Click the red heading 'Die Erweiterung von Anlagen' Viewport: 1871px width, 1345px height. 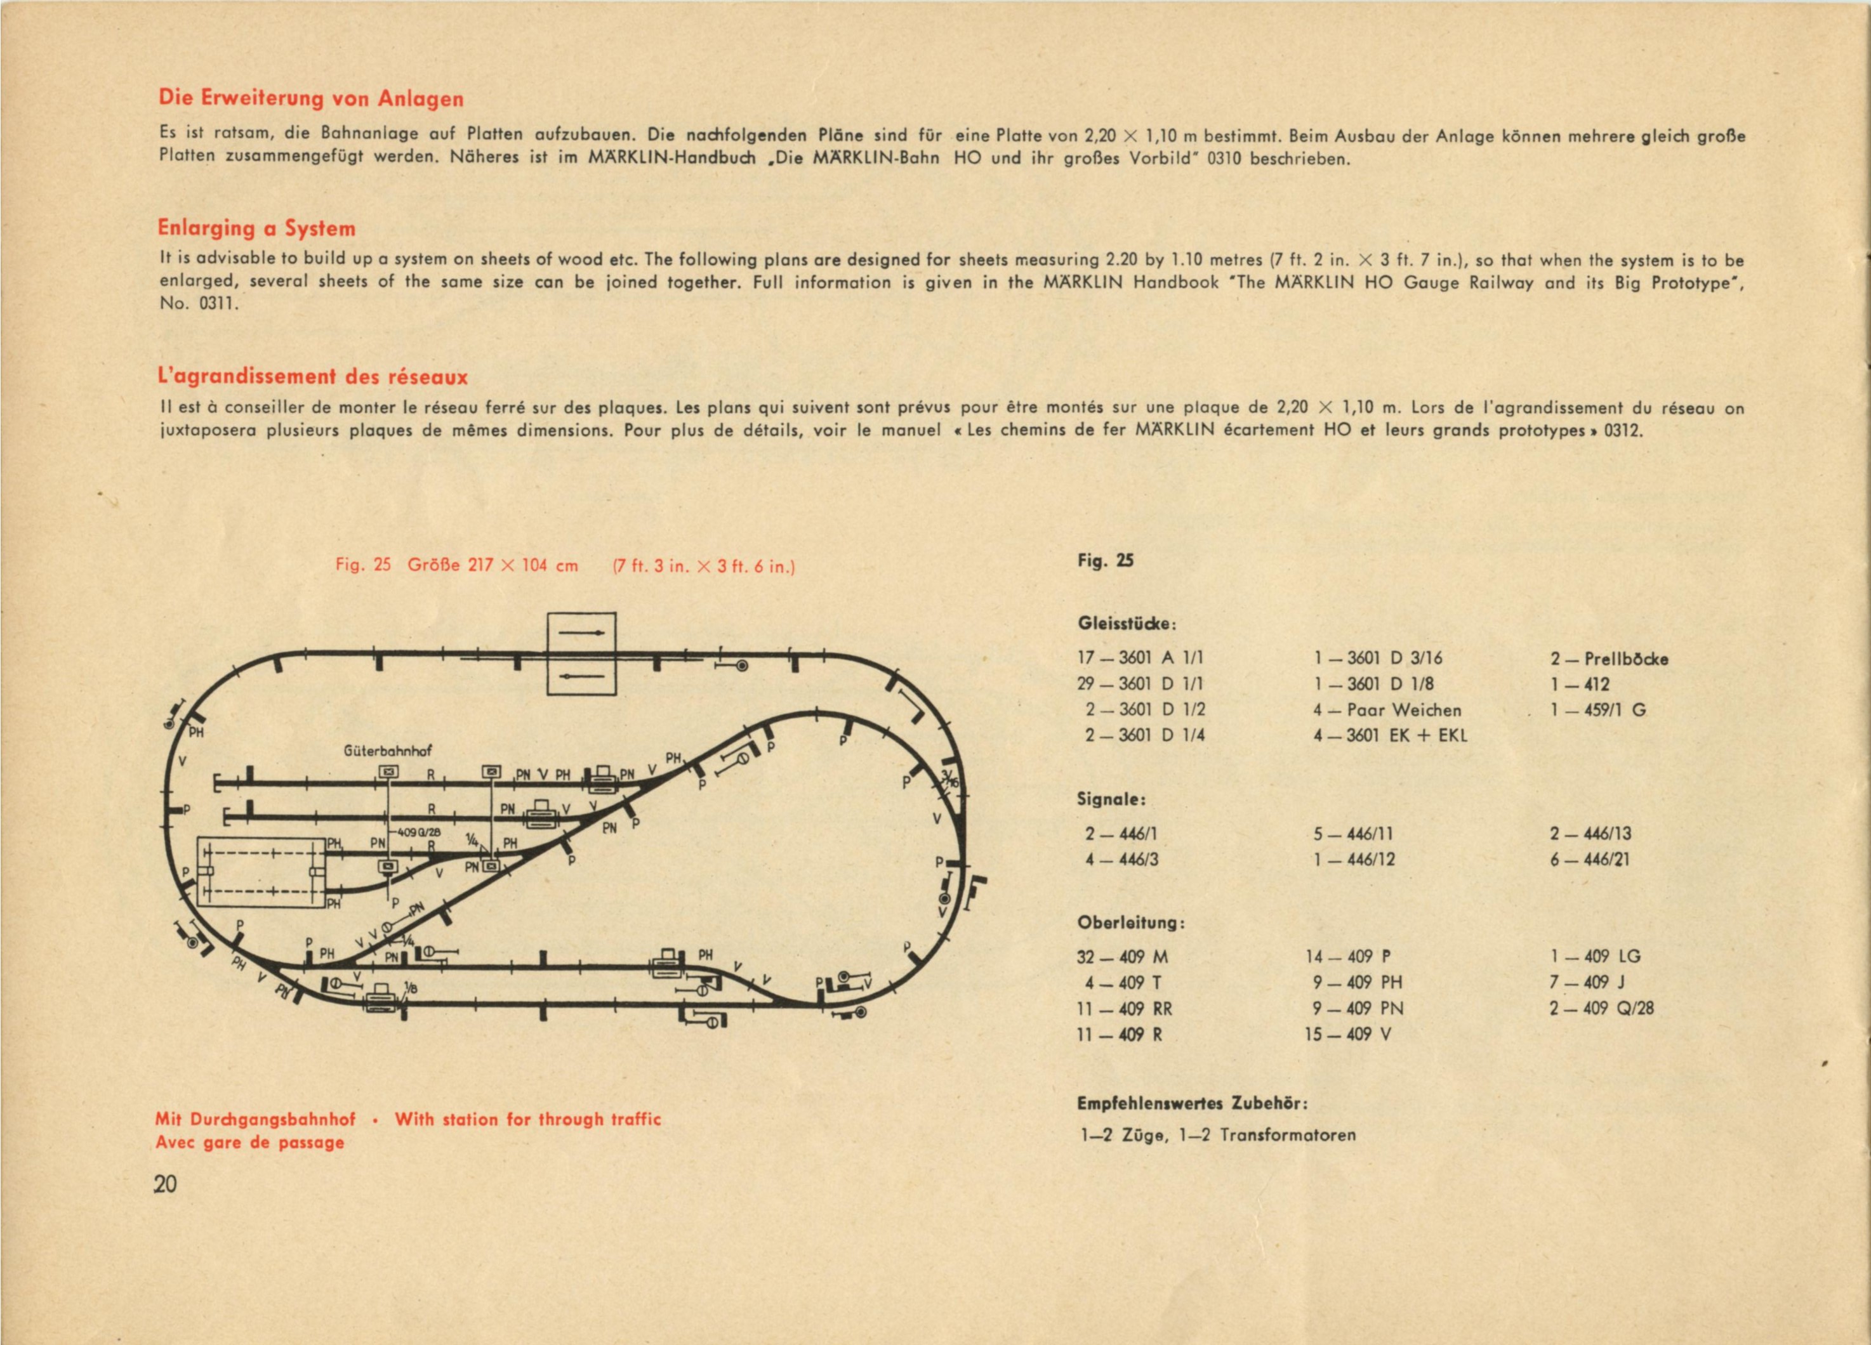click(311, 99)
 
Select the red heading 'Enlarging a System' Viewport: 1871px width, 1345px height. click(256, 228)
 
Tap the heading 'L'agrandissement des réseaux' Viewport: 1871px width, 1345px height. click(313, 377)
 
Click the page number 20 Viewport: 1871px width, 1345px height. click(165, 1184)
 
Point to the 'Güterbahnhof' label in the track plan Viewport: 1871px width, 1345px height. click(387, 751)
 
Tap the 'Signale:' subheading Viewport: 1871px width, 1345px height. click(1111, 799)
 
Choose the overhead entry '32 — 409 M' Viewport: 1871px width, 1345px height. click(1122, 957)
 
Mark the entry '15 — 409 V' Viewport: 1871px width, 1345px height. click(1347, 1034)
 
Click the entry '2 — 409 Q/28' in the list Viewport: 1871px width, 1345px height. click(1601, 1007)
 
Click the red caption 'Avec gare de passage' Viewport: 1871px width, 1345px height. click(249, 1142)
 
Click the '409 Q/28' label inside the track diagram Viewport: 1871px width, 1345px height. click(419, 832)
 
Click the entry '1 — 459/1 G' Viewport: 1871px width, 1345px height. click(1598, 710)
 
